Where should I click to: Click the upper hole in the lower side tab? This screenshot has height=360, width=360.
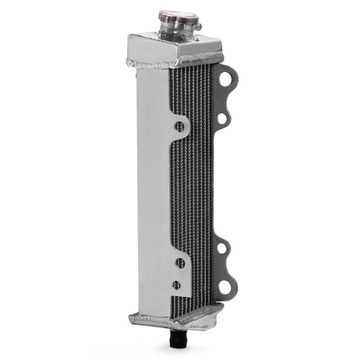coord(179,262)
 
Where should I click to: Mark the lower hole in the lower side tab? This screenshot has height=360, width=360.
coord(177,285)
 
